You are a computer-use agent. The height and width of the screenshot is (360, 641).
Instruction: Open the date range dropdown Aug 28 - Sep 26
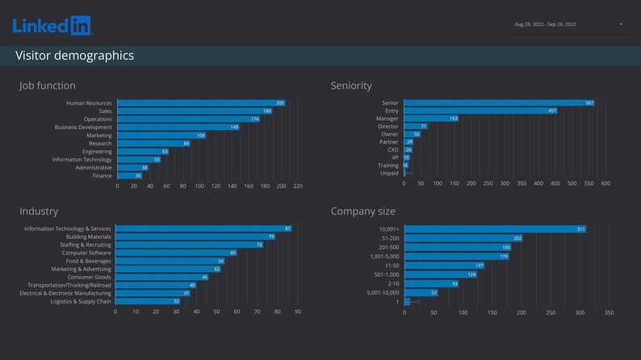tap(568, 24)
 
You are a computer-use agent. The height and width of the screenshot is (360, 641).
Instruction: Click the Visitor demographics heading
tap(74, 56)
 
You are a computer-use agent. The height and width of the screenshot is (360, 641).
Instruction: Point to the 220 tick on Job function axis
tap(297, 186)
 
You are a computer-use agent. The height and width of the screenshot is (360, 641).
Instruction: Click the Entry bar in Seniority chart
tap(480, 111)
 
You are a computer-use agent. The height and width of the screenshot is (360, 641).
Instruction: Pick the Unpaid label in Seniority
tap(389, 173)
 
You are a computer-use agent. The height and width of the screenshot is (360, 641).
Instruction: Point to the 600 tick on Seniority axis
tap(605, 183)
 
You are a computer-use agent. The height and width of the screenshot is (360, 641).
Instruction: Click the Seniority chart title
tap(351, 86)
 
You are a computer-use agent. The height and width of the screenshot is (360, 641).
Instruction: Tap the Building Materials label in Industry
tap(88, 237)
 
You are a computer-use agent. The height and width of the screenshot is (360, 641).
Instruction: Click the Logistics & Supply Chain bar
tap(148, 301)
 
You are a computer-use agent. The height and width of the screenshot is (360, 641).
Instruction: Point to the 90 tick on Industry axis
tap(297, 312)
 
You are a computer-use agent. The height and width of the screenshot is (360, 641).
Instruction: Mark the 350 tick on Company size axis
tap(609, 312)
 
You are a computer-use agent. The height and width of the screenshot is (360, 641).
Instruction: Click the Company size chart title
tap(363, 211)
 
